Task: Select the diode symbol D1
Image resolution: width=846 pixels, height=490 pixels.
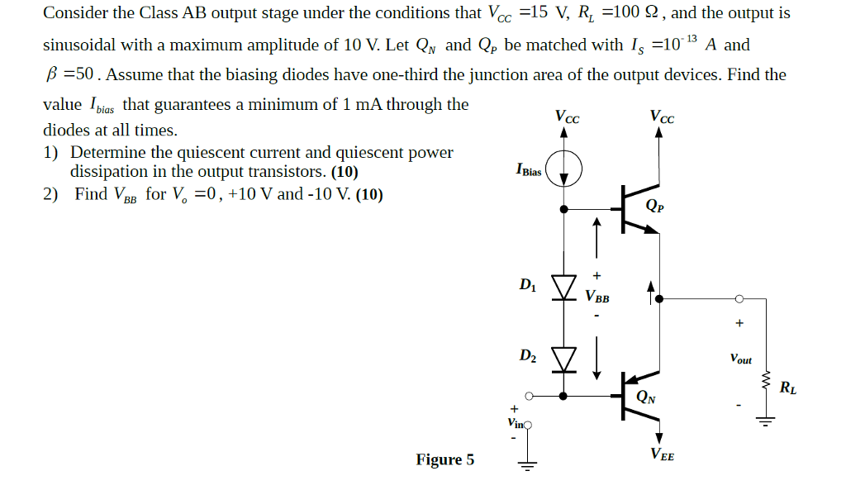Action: pyautogui.click(x=564, y=287)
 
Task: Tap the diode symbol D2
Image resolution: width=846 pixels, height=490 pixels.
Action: pyautogui.click(x=564, y=358)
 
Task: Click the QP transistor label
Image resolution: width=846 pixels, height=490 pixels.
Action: pyautogui.click(x=654, y=206)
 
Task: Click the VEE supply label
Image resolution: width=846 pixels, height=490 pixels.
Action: pyautogui.click(x=662, y=453)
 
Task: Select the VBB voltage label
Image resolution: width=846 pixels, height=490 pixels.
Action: pyautogui.click(x=597, y=297)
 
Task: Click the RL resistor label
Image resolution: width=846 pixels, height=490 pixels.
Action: pyautogui.click(x=788, y=388)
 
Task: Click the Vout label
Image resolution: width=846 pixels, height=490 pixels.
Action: pyautogui.click(x=741, y=359)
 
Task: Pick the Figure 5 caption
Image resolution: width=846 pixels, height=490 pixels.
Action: pyautogui.click(x=445, y=459)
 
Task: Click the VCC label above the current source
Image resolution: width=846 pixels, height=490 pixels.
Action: pyautogui.click(x=567, y=117)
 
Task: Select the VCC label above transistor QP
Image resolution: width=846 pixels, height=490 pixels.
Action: pyautogui.click(x=661, y=117)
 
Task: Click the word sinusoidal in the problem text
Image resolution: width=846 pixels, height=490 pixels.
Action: pyautogui.click(x=80, y=44)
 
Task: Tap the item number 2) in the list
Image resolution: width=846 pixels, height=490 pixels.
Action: pyautogui.click(x=51, y=194)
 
